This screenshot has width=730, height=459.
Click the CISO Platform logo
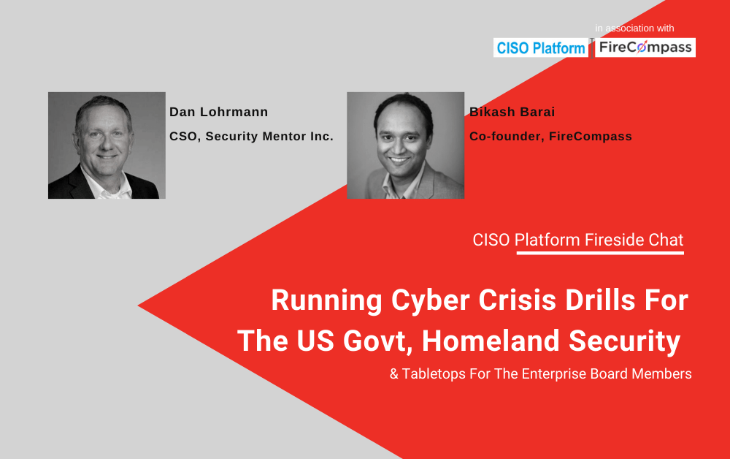coord(541,48)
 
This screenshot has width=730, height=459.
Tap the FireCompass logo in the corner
coord(645,48)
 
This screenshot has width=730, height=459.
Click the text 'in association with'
coord(634,29)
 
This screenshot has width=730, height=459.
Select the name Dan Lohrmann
coord(218,112)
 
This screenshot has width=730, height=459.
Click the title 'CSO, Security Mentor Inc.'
coord(251,136)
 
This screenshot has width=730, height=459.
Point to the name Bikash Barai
coord(512,112)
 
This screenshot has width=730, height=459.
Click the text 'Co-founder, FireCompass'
coord(550,136)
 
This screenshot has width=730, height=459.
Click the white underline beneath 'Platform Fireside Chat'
coord(600,253)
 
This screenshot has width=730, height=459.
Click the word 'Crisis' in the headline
coord(518,300)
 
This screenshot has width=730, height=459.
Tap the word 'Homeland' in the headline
coord(491,341)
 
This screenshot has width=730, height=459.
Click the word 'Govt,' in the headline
coord(378,341)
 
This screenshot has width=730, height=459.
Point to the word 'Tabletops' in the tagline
coord(434,373)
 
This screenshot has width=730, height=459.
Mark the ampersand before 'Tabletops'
coord(394,373)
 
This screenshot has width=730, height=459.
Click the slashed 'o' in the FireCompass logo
coord(642,47)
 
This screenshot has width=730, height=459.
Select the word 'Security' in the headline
coord(625,341)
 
